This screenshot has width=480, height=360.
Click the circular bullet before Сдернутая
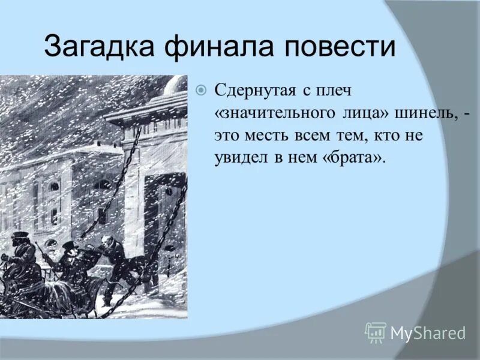click(201, 91)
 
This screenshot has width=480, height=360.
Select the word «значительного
click(271, 113)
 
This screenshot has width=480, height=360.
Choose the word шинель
click(431, 113)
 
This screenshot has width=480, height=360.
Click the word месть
click(265, 136)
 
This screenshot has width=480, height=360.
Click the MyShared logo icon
click(376, 332)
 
